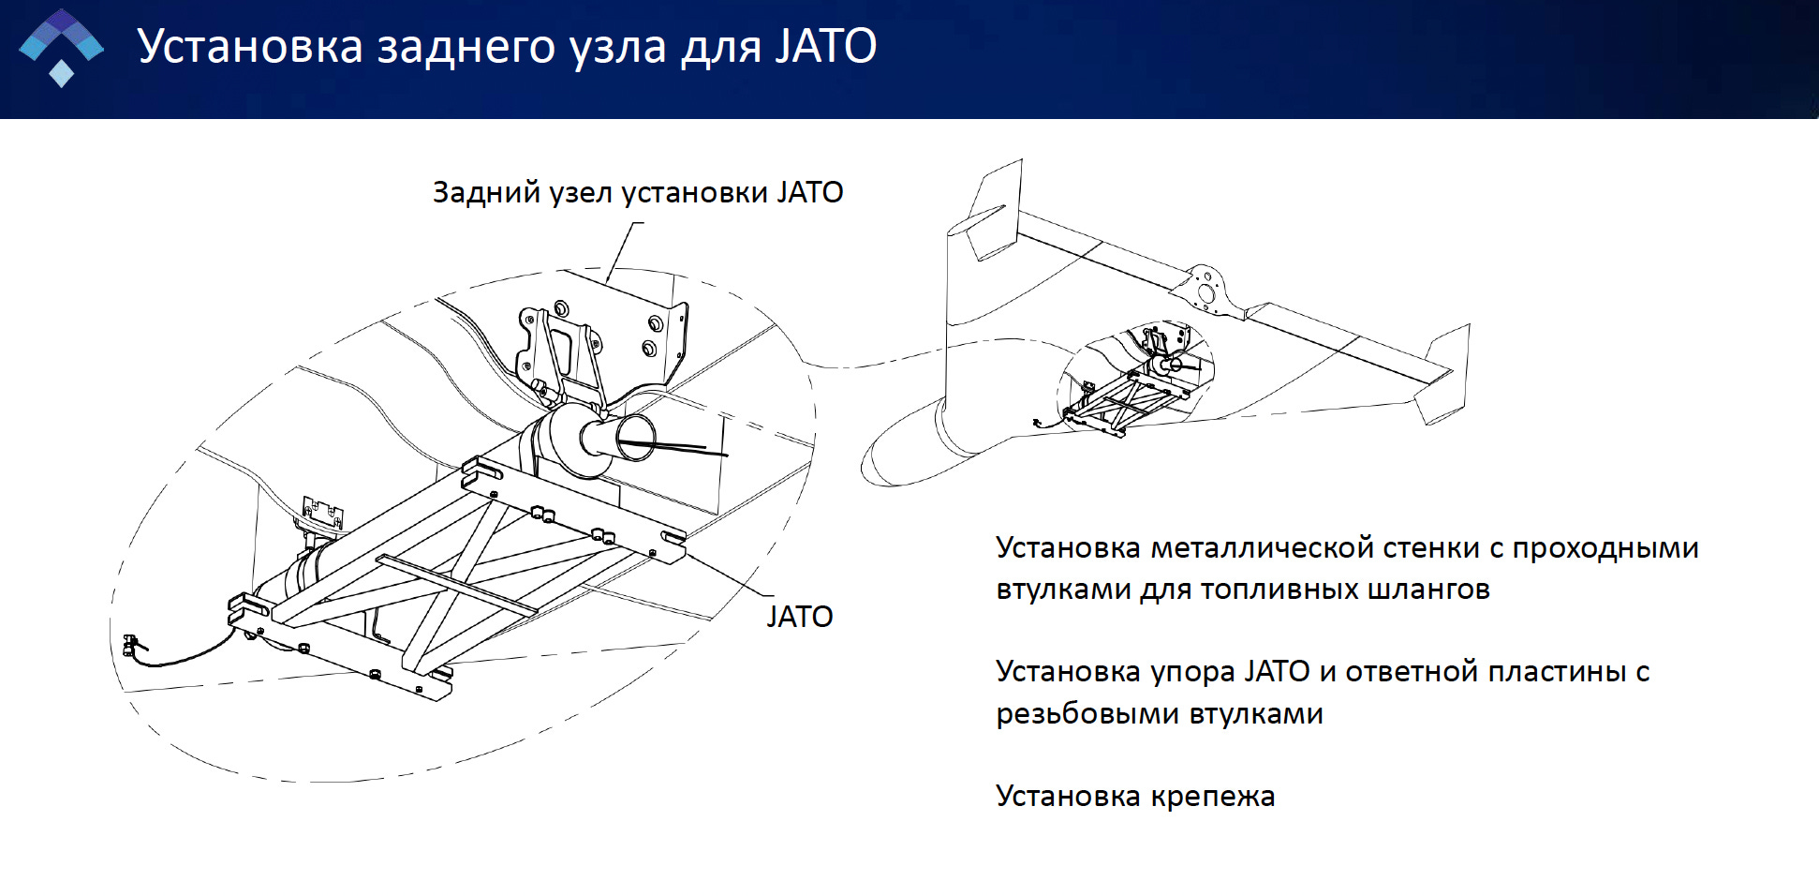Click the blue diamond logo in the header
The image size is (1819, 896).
coord(62,47)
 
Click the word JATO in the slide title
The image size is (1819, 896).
coord(825,47)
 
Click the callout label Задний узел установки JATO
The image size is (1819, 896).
coord(637,192)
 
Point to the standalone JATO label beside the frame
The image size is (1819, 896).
coord(799,617)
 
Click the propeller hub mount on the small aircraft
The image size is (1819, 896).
coord(1205,286)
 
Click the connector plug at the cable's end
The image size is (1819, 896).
coord(130,644)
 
